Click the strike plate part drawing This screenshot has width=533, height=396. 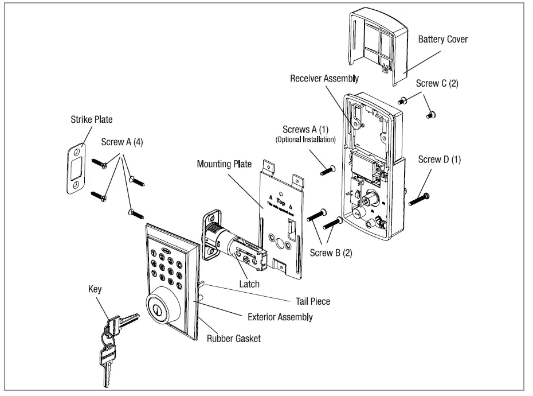(x=75, y=167)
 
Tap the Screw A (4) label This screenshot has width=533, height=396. (x=123, y=141)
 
